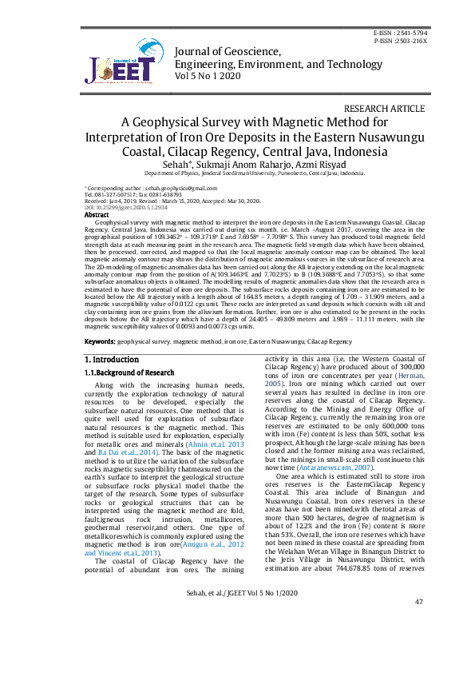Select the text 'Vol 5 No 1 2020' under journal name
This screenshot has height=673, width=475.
[207, 76]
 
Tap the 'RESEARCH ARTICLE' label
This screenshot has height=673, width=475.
[384, 109]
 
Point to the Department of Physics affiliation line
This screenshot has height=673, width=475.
[254, 173]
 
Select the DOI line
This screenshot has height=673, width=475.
[116, 207]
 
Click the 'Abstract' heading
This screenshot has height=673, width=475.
[97, 215]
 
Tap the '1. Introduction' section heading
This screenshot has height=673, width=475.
[112, 360]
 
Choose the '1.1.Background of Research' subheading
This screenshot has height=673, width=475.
[129, 372]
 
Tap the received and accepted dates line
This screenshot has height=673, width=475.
[149, 201]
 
